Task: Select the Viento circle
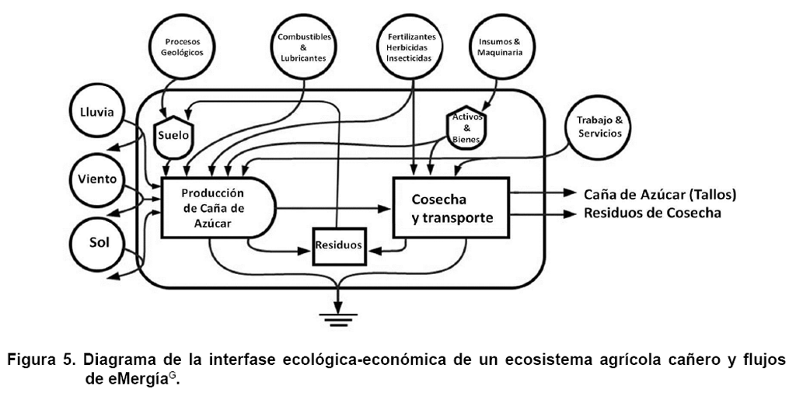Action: (96, 179)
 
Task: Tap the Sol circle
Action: (97, 241)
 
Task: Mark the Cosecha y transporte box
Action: (451, 207)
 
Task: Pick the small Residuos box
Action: (338, 245)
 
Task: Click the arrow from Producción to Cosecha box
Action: (335, 208)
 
